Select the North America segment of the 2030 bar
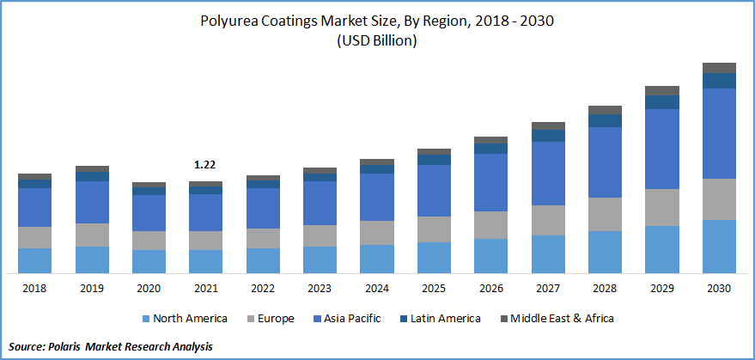719,247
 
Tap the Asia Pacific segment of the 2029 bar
662,149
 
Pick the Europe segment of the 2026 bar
490,225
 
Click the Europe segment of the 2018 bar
34,238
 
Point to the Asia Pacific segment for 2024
376,197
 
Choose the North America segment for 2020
149,262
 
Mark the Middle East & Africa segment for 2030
719,68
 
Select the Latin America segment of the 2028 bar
605,120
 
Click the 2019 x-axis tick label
92,289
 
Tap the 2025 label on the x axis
434,289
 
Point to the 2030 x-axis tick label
719,289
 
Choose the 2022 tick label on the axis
263,289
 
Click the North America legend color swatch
146,319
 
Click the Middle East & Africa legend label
562,319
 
